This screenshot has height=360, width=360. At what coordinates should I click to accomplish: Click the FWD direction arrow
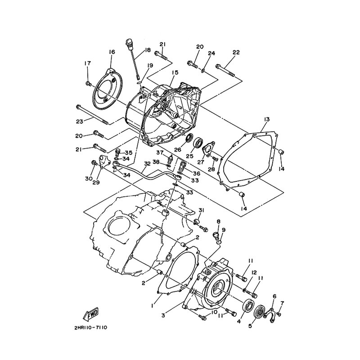click(92, 313)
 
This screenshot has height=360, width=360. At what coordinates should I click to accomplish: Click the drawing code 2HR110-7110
click(91, 328)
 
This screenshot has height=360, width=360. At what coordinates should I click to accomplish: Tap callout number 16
click(112, 52)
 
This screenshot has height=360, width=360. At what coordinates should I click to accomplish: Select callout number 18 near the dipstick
click(148, 50)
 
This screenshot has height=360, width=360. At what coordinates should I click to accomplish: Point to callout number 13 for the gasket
click(267, 119)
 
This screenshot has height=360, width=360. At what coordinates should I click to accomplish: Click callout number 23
click(80, 121)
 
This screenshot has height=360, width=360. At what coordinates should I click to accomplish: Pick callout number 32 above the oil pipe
click(147, 164)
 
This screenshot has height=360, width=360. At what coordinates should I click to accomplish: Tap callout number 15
click(175, 72)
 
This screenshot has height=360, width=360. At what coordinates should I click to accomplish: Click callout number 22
click(236, 52)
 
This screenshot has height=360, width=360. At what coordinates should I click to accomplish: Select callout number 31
click(202, 210)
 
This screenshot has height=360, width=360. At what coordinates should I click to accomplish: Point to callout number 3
click(163, 315)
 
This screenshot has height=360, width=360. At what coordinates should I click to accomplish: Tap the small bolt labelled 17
click(88, 84)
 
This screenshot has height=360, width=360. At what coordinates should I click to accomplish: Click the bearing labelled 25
click(198, 143)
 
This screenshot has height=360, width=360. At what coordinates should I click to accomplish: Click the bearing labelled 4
click(249, 306)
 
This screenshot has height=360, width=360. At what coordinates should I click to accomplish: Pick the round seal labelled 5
click(260, 312)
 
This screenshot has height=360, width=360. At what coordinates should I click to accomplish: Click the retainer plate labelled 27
click(208, 149)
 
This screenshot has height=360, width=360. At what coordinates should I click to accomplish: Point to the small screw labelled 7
click(279, 314)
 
